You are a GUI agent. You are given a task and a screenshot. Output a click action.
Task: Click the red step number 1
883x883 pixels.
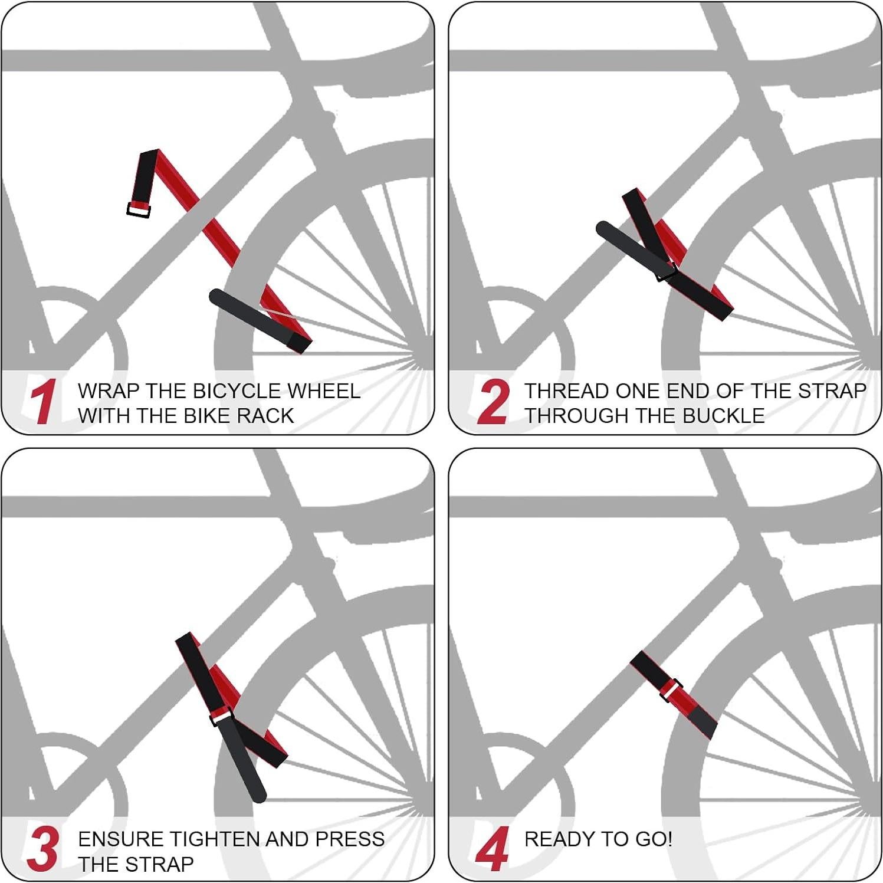pyautogui.click(x=43, y=402)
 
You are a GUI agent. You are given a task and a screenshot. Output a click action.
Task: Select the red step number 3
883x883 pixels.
pyautogui.click(x=42, y=849)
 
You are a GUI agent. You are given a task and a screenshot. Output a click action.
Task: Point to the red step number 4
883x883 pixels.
pyautogui.click(x=493, y=849)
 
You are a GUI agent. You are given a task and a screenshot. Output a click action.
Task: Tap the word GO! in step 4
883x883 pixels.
pyautogui.click(x=654, y=839)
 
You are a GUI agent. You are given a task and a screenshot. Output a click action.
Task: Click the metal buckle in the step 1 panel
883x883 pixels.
pyautogui.click(x=139, y=209)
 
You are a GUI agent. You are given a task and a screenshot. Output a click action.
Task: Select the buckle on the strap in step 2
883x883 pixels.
pyautogui.click(x=667, y=273)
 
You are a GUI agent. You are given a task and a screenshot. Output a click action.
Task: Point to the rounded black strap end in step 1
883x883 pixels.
pyautogui.click(x=218, y=297)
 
